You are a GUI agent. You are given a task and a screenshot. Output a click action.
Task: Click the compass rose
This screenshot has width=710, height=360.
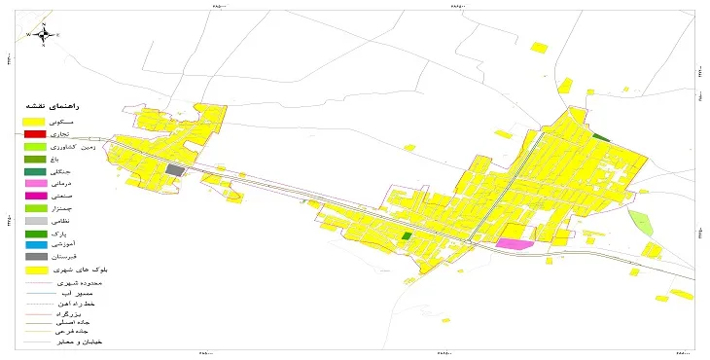coord(42,34)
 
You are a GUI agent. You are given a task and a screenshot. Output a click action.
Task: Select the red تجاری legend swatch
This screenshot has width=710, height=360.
coord(35,133)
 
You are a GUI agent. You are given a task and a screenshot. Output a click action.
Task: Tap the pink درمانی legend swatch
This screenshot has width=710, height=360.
coord(35,183)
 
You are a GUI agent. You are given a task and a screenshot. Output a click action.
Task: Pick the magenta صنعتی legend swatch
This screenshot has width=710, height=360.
coord(35,196)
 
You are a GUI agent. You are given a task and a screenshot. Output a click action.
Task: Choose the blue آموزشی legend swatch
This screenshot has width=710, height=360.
coord(35,245)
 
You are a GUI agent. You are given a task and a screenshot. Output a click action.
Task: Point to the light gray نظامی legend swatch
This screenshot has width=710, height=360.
coord(35,221)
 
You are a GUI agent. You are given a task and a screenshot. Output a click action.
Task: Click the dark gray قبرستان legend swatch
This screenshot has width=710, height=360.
coord(35,257)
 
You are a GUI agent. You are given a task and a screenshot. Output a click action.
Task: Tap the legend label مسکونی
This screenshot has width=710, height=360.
coord(84,120)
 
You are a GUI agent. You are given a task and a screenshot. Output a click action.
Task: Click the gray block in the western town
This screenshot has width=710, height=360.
coord(175,170)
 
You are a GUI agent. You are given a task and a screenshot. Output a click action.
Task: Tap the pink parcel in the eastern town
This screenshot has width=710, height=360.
coord(515,243)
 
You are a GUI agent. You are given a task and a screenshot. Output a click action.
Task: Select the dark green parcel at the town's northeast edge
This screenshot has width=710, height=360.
coord(601,138)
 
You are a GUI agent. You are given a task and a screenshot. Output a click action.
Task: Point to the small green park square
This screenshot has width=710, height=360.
coord(407,235)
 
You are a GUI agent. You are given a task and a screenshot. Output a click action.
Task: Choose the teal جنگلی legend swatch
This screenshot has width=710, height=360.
coord(35,171)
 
